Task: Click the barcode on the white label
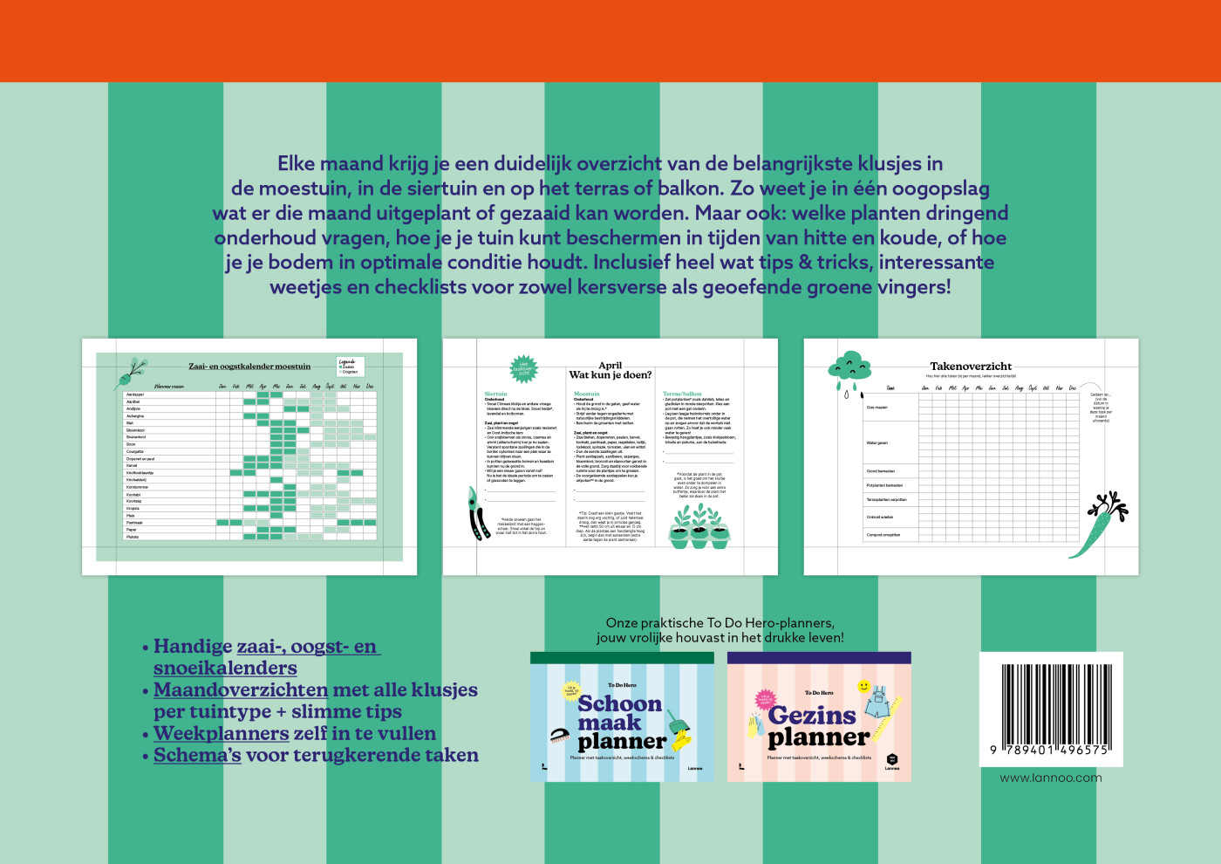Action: [x=1050, y=704]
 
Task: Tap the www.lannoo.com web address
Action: [x=1050, y=778]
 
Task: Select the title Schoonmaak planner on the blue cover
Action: [x=621, y=723]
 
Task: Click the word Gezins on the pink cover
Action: [x=812, y=716]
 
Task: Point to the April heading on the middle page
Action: [x=610, y=366]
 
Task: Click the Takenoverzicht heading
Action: [x=971, y=367]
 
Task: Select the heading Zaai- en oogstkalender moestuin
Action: [x=249, y=367]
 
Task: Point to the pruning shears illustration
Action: [x=477, y=514]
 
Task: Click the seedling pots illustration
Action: [x=699, y=527]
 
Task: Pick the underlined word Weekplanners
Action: [x=221, y=733]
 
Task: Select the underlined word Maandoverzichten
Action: [x=241, y=689]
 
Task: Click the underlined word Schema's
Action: [x=197, y=755]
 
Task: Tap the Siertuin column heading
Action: [x=495, y=394]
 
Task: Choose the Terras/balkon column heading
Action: [x=682, y=394]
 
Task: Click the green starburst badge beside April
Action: [x=523, y=369]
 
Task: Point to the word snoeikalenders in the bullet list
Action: [x=225, y=668]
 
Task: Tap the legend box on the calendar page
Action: [x=349, y=366]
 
